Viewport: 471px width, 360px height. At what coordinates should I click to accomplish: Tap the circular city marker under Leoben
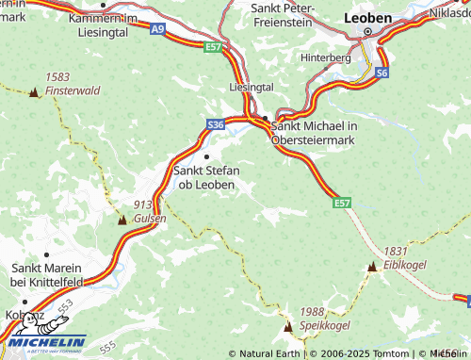[367, 31]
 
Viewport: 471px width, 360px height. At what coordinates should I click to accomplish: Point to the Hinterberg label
[350, 57]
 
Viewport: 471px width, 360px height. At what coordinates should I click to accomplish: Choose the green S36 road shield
[216, 123]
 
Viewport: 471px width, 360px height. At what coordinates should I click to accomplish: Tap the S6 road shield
[382, 72]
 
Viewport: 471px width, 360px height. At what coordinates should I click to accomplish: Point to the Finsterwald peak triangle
[34, 92]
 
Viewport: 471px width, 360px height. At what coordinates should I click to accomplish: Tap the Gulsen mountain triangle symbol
[122, 220]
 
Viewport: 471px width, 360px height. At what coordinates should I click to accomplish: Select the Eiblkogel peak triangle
[372, 268]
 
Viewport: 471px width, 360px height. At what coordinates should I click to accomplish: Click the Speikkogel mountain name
[325, 324]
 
